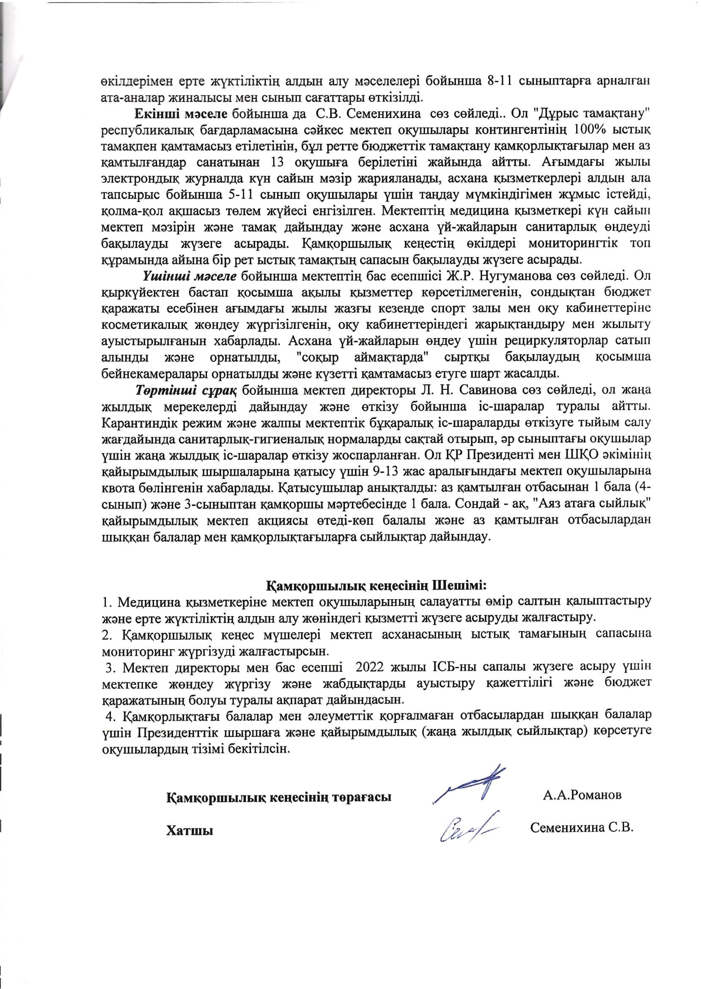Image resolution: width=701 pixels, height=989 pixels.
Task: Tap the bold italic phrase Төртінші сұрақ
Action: point(186,391)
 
